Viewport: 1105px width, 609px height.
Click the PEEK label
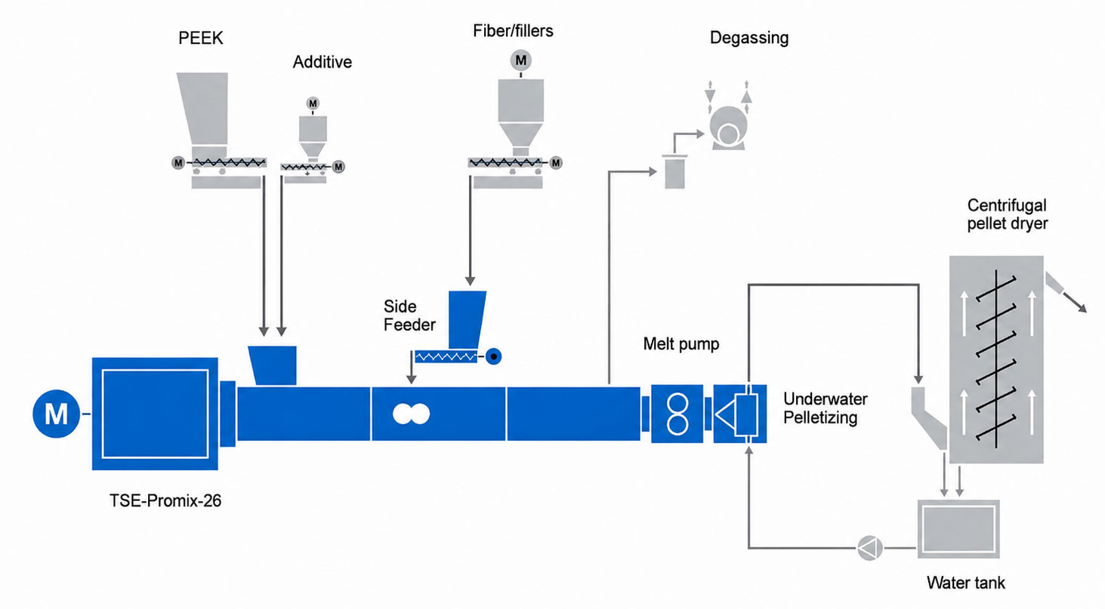[x=200, y=38]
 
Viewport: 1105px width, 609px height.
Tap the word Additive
[x=322, y=62]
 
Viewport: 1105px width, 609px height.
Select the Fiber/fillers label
[x=513, y=31]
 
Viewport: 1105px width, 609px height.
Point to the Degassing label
[x=748, y=38]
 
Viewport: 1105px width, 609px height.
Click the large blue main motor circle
[x=56, y=414]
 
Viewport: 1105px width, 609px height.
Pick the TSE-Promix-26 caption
[x=165, y=500]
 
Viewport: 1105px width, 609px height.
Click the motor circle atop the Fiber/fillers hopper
[x=520, y=60]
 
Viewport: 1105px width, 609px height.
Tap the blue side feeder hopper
[x=467, y=320]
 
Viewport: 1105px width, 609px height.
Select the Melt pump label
[x=681, y=343]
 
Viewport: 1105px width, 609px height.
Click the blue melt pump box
[x=677, y=414]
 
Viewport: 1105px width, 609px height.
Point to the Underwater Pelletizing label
[x=826, y=408]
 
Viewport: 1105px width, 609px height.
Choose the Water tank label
[x=965, y=583]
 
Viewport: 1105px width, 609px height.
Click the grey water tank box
[x=958, y=529]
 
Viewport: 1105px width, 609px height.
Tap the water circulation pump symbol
[x=869, y=548]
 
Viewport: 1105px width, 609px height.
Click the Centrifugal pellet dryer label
[x=1007, y=214]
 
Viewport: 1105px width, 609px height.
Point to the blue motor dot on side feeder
[x=493, y=356]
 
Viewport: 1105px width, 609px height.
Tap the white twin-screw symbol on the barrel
[x=411, y=414]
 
